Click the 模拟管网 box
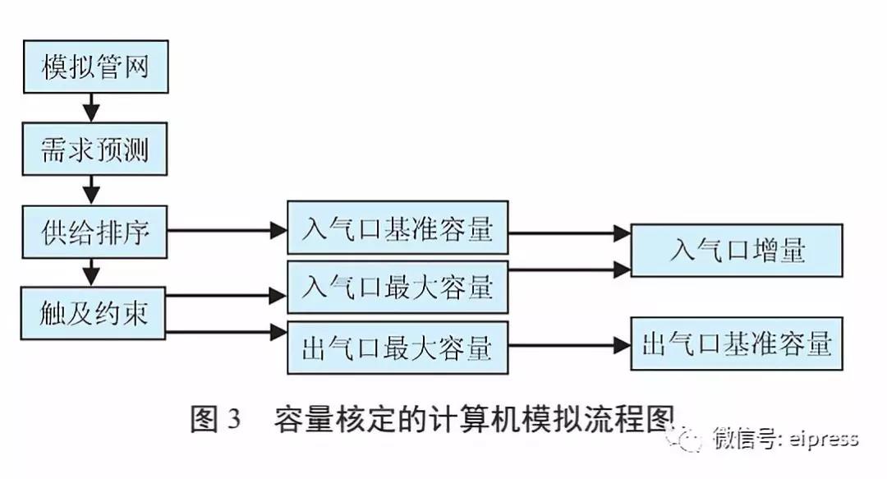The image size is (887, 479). (94, 67)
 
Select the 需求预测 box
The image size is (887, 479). (94, 150)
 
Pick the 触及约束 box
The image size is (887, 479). (94, 313)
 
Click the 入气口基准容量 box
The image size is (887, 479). (398, 228)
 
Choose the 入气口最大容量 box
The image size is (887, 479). (398, 287)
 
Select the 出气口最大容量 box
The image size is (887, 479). (398, 348)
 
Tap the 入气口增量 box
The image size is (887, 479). (736, 250)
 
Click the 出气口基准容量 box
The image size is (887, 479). (736, 343)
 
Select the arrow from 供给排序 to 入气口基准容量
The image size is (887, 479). (227, 231)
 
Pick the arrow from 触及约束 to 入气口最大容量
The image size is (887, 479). (227, 294)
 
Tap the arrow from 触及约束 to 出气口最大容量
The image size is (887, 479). (227, 333)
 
